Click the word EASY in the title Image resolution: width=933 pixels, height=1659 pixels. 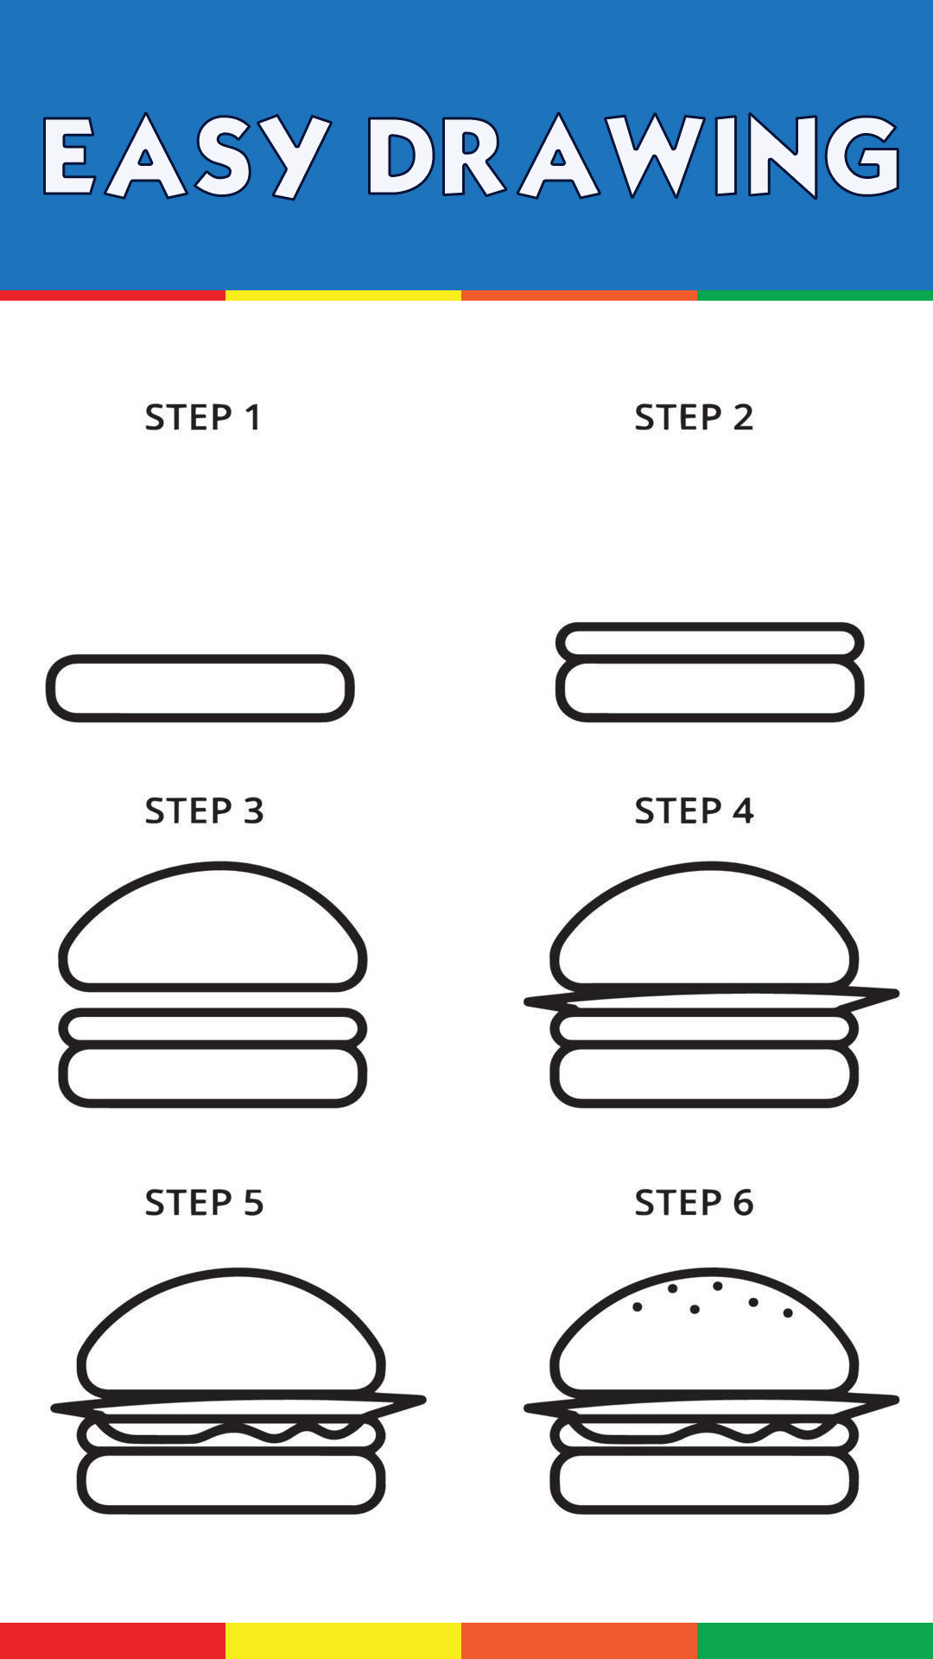coord(186,156)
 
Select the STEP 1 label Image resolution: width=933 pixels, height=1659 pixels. coord(203,417)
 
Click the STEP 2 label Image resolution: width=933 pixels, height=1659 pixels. coord(694,417)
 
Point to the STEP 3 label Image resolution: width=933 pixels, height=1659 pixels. coord(204,810)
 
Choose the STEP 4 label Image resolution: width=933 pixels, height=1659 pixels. coord(694,810)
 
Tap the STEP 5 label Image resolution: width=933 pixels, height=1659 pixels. coord(204,1203)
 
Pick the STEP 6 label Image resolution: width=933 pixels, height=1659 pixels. coord(694,1203)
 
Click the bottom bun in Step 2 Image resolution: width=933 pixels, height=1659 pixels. coord(710,717)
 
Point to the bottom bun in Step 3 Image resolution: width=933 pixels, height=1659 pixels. coord(213,1103)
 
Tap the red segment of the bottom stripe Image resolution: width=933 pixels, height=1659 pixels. coord(112,1641)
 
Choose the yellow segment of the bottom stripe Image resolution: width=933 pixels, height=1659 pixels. coord(343,1641)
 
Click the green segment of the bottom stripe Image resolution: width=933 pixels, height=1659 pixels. coord(815,1641)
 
